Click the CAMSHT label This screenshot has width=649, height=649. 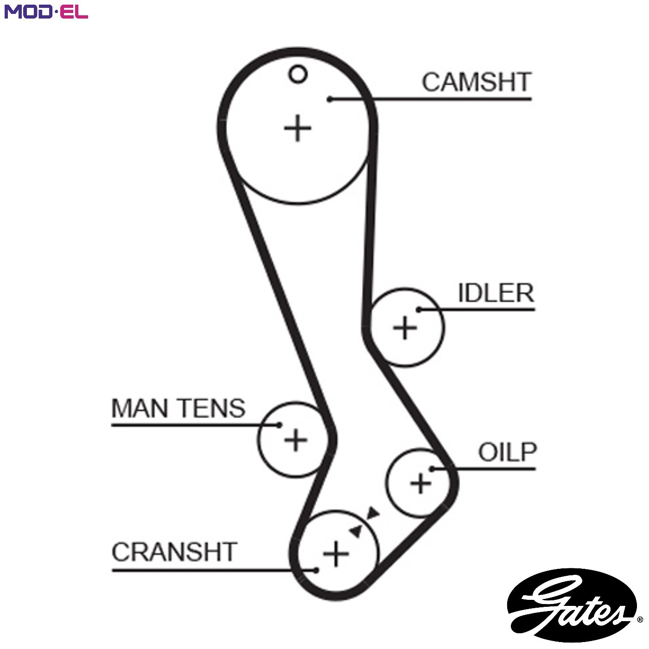pyautogui.click(x=477, y=82)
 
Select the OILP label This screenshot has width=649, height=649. pyautogui.click(x=507, y=452)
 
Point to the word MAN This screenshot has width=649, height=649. pyautogui.click(x=140, y=408)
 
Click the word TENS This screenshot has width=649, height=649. pyautogui.click(x=212, y=408)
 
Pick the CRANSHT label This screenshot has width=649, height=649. pyautogui.click(x=174, y=552)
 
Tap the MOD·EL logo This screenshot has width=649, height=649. pyautogui.click(x=46, y=12)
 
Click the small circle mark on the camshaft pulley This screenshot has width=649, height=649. pyautogui.click(x=298, y=74)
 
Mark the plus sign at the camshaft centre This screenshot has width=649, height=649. pyautogui.click(x=298, y=128)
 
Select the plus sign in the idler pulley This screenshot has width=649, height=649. pyautogui.click(x=405, y=328)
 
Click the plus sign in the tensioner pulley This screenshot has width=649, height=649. pyautogui.click(x=296, y=439)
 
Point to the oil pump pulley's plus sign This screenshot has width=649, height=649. pyautogui.click(x=420, y=484)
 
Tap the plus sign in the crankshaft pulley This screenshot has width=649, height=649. pyautogui.click(x=336, y=554)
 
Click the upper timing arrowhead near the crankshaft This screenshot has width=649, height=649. pyautogui.click(x=373, y=513)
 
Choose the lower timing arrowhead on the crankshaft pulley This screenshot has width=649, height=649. pyautogui.click(x=356, y=531)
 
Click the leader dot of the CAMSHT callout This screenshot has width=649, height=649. pyautogui.click(x=331, y=99)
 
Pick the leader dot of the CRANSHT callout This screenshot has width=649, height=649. pyautogui.click(x=316, y=570)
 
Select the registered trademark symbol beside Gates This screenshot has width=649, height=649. pyautogui.click(x=640, y=619)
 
